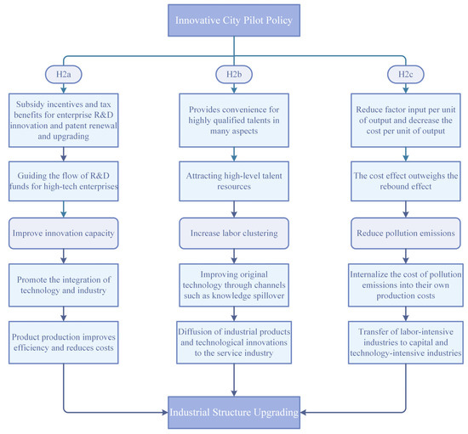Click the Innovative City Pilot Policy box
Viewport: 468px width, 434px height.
tap(233, 18)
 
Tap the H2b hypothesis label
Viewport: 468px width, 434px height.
tap(233, 75)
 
